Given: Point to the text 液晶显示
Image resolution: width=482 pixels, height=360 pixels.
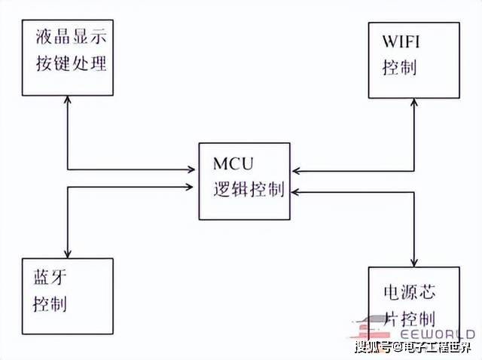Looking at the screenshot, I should pos(70,37).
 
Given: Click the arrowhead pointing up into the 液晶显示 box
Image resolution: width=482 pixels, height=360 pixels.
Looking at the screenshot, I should pos(69,101).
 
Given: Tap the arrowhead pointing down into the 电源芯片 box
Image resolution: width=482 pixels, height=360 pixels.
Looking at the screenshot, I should pos(414,261).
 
